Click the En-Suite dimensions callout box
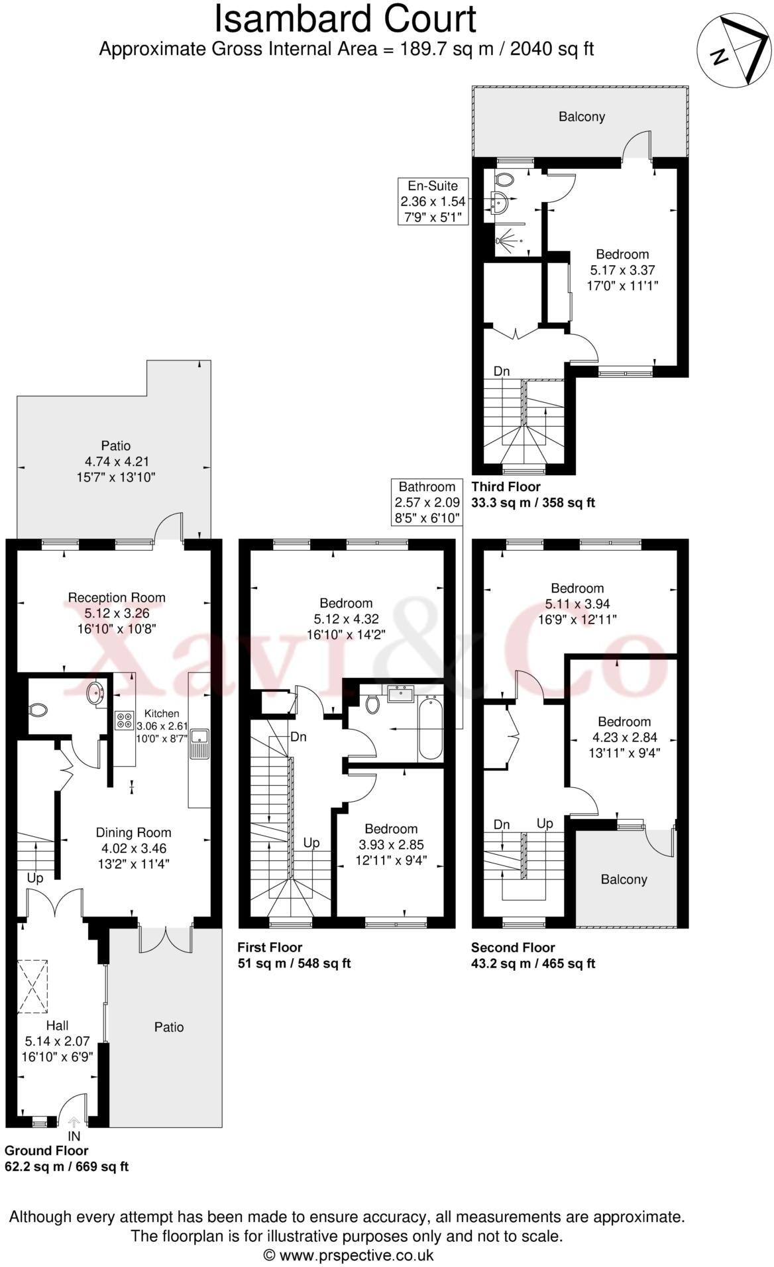[433, 201]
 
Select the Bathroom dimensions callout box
[427, 502]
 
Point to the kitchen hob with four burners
[124, 720]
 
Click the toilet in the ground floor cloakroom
[38, 710]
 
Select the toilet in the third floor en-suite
[504, 180]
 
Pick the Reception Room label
[117, 597]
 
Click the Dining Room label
[133, 832]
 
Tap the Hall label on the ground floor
[57, 1025]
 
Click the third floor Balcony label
[581, 117]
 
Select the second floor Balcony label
[624, 879]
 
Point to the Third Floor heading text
[506, 486]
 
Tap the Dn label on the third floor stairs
[502, 371]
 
